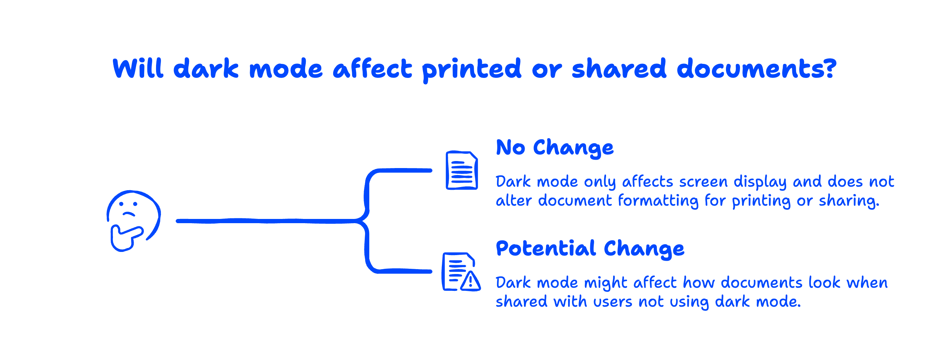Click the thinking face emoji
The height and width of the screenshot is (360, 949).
[x=133, y=220]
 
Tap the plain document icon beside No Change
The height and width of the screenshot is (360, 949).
[x=462, y=170]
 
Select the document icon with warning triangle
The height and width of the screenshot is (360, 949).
[x=460, y=272]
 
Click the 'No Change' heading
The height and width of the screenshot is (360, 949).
[x=554, y=148]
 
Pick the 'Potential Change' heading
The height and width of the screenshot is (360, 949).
[x=590, y=249]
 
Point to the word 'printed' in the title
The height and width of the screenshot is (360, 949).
[x=471, y=69]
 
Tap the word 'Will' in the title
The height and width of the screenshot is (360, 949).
[x=138, y=68]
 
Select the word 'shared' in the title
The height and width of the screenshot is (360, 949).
[x=619, y=68]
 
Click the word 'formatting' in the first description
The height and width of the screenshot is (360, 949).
[x=658, y=201]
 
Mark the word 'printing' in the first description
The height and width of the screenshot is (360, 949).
[x=761, y=201]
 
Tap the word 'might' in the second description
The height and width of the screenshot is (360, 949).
[x=605, y=284]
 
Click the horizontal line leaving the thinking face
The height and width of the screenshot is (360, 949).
[x=265, y=221]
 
